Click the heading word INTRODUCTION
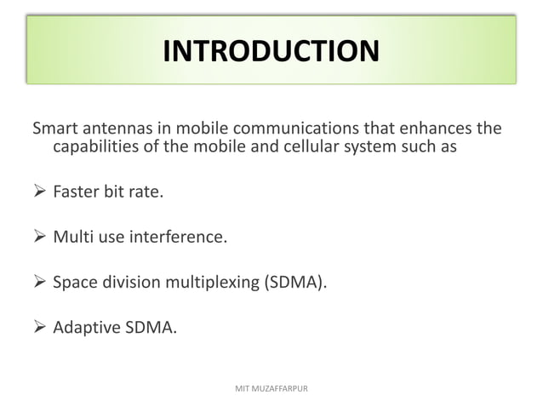tap(271, 52)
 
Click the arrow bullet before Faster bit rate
tap(39, 192)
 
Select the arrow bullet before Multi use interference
tap(39, 237)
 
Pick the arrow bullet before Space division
tap(39, 282)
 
